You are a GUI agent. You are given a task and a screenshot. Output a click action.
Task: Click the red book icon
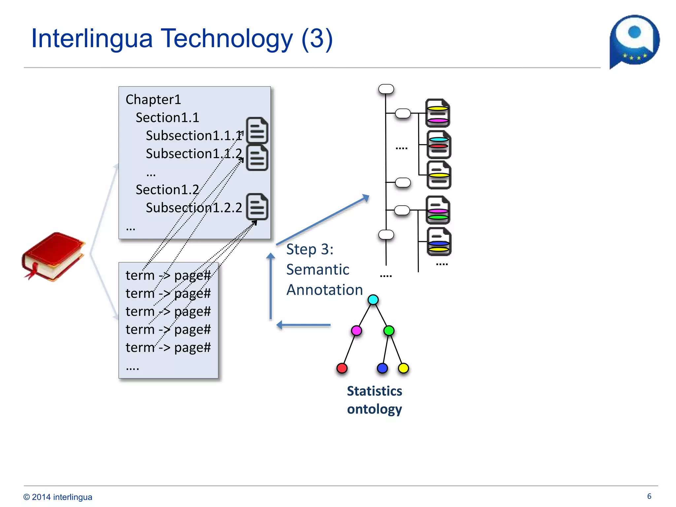(x=53, y=256)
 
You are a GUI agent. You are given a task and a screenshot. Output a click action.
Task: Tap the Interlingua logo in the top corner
(x=634, y=41)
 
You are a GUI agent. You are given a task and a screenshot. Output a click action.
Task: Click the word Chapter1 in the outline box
(x=153, y=99)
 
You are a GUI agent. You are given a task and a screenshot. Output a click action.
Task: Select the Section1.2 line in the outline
(x=167, y=189)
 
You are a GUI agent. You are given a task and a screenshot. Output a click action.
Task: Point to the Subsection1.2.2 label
(x=194, y=208)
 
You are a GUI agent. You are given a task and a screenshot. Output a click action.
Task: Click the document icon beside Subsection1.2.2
(x=257, y=207)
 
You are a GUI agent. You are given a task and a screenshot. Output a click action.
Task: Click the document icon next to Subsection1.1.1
(x=257, y=130)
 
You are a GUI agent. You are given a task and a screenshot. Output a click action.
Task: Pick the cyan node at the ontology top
(x=373, y=300)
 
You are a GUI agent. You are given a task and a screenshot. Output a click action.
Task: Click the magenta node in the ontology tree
(x=356, y=330)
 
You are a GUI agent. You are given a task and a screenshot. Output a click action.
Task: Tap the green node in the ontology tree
(x=389, y=330)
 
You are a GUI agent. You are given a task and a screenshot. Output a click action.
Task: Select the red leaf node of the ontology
(x=342, y=368)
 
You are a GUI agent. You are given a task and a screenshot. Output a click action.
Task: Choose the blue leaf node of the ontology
(x=382, y=368)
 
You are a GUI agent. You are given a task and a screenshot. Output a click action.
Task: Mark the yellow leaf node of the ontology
(x=403, y=368)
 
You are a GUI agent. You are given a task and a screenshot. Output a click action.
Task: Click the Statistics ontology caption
(x=374, y=400)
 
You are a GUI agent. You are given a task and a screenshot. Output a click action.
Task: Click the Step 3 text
(x=310, y=249)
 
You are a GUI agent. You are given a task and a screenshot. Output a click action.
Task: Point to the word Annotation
(x=324, y=290)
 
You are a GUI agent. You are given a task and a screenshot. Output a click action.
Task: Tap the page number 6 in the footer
(x=649, y=496)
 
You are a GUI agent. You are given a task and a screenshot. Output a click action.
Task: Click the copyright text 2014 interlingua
(x=58, y=497)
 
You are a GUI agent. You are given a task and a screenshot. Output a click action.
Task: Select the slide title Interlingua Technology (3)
(x=182, y=39)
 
